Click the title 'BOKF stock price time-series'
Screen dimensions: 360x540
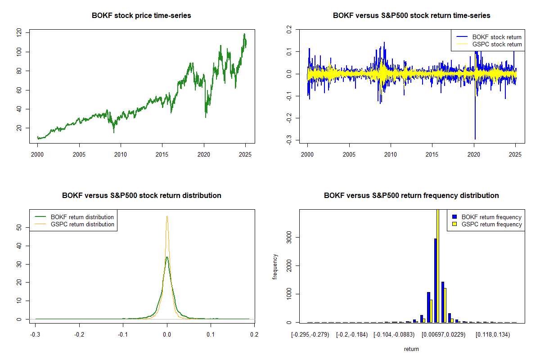click(x=141, y=16)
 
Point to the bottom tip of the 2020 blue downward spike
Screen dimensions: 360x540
click(x=475, y=139)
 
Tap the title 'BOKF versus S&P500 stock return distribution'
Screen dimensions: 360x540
click(x=141, y=196)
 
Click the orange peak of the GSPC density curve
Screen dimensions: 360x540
click(x=167, y=216)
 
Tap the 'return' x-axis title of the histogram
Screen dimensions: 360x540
click(x=411, y=349)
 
